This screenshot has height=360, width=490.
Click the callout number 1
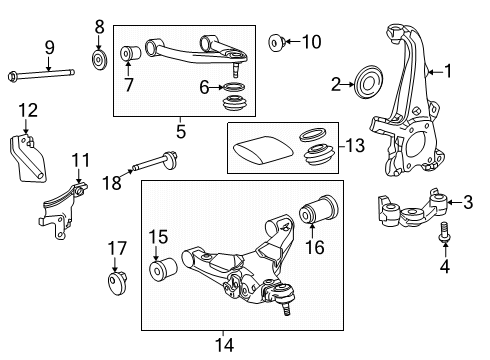(x=448, y=71)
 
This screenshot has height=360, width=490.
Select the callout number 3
(x=466, y=202)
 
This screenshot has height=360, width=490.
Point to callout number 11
(x=80, y=159)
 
